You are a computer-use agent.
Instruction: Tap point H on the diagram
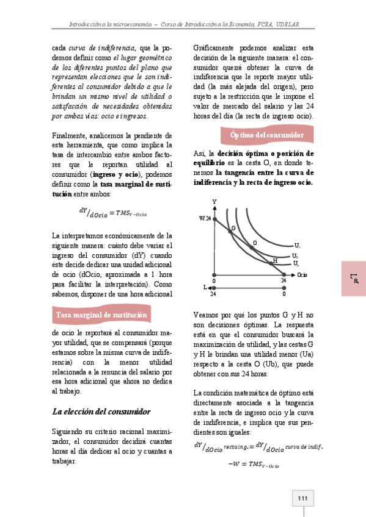pos(271,263)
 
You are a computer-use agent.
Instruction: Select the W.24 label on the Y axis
pos(205,218)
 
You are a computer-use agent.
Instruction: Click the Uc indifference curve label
pos(297,246)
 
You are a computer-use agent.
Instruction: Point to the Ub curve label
pos(295,256)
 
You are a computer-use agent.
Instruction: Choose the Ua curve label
pos(296,263)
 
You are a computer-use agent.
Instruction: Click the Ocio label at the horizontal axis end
pos(302,275)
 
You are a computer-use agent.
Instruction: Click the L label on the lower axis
pos(205,286)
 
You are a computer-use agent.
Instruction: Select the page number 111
pos(302,499)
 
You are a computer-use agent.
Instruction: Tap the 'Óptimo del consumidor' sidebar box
pos(267,134)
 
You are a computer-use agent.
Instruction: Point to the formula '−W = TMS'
pos(253,465)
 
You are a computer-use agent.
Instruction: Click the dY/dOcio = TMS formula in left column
pos(113,213)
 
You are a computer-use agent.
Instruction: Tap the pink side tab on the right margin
pos(353,279)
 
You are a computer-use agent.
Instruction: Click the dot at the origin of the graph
pos(213,275)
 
